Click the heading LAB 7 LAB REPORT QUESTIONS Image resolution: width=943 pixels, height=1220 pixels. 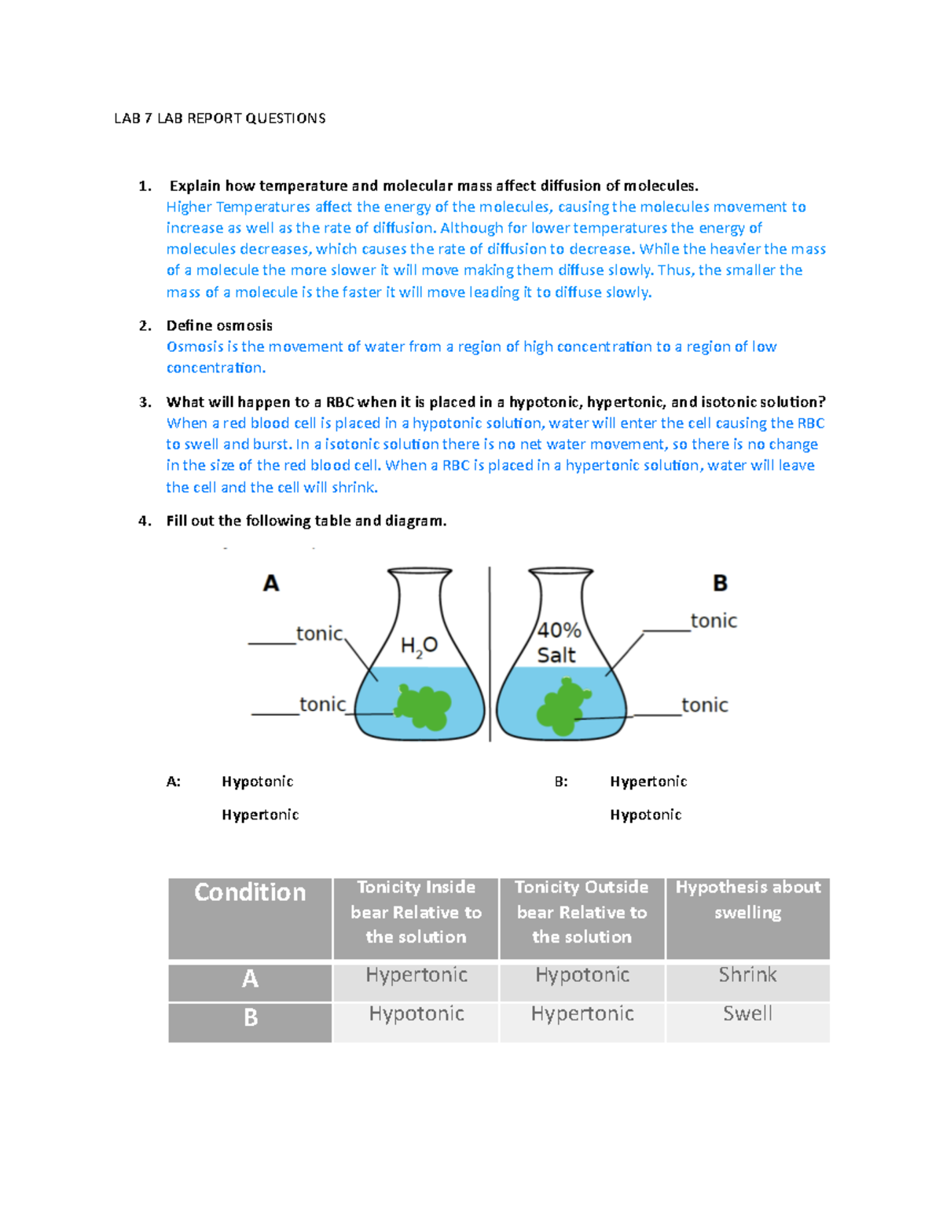[x=219, y=119]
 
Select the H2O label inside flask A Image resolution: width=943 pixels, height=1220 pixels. [x=419, y=647]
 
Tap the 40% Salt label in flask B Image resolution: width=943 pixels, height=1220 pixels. [x=558, y=643]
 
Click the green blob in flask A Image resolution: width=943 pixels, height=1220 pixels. [x=424, y=706]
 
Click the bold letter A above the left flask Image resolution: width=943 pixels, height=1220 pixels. [x=271, y=584]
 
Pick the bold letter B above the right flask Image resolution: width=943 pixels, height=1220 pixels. [x=720, y=584]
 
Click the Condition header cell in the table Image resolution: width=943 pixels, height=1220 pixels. [x=250, y=892]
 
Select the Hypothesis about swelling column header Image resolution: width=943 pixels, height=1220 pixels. [x=747, y=899]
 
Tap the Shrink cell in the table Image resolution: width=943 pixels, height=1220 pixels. [x=747, y=975]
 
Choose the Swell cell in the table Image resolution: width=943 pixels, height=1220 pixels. [x=747, y=1013]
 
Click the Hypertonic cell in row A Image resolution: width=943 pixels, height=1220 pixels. [x=416, y=975]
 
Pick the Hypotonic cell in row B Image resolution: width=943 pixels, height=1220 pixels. [x=416, y=1013]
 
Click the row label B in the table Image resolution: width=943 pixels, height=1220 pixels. [x=251, y=1018]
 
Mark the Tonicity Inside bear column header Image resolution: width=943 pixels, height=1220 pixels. [x=416, y=911]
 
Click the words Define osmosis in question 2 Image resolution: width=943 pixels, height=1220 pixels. [x=219, y=326]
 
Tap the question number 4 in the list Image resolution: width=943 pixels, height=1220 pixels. [x=144, y=521]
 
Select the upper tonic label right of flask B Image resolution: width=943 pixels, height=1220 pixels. [x=714, y=621]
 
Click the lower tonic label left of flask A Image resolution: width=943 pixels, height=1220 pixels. [x=322, y=705]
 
